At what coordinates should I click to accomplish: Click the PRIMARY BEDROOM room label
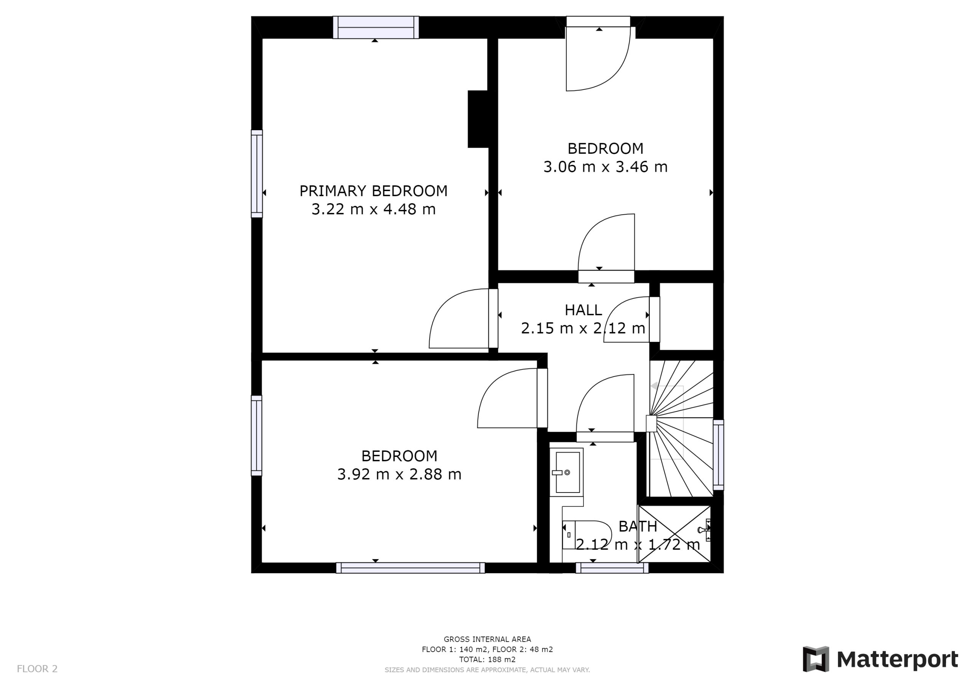373,191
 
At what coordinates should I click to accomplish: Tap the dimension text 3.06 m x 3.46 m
605,167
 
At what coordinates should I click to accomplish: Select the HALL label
583,310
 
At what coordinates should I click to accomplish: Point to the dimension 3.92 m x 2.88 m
399,474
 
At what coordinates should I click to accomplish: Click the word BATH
638,526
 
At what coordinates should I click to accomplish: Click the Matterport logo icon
816,659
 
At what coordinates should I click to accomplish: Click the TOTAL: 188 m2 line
487,660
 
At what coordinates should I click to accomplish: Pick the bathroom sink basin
567,472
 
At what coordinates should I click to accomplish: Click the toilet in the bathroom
587,534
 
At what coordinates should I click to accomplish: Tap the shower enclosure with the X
675,534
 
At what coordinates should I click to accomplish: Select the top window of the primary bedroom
376,27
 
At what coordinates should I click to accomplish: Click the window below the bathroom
612,568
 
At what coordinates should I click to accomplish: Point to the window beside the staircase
718,455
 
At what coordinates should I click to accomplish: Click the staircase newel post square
651,424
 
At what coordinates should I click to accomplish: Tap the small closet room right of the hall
686,316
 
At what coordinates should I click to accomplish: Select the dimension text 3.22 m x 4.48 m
373,209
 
